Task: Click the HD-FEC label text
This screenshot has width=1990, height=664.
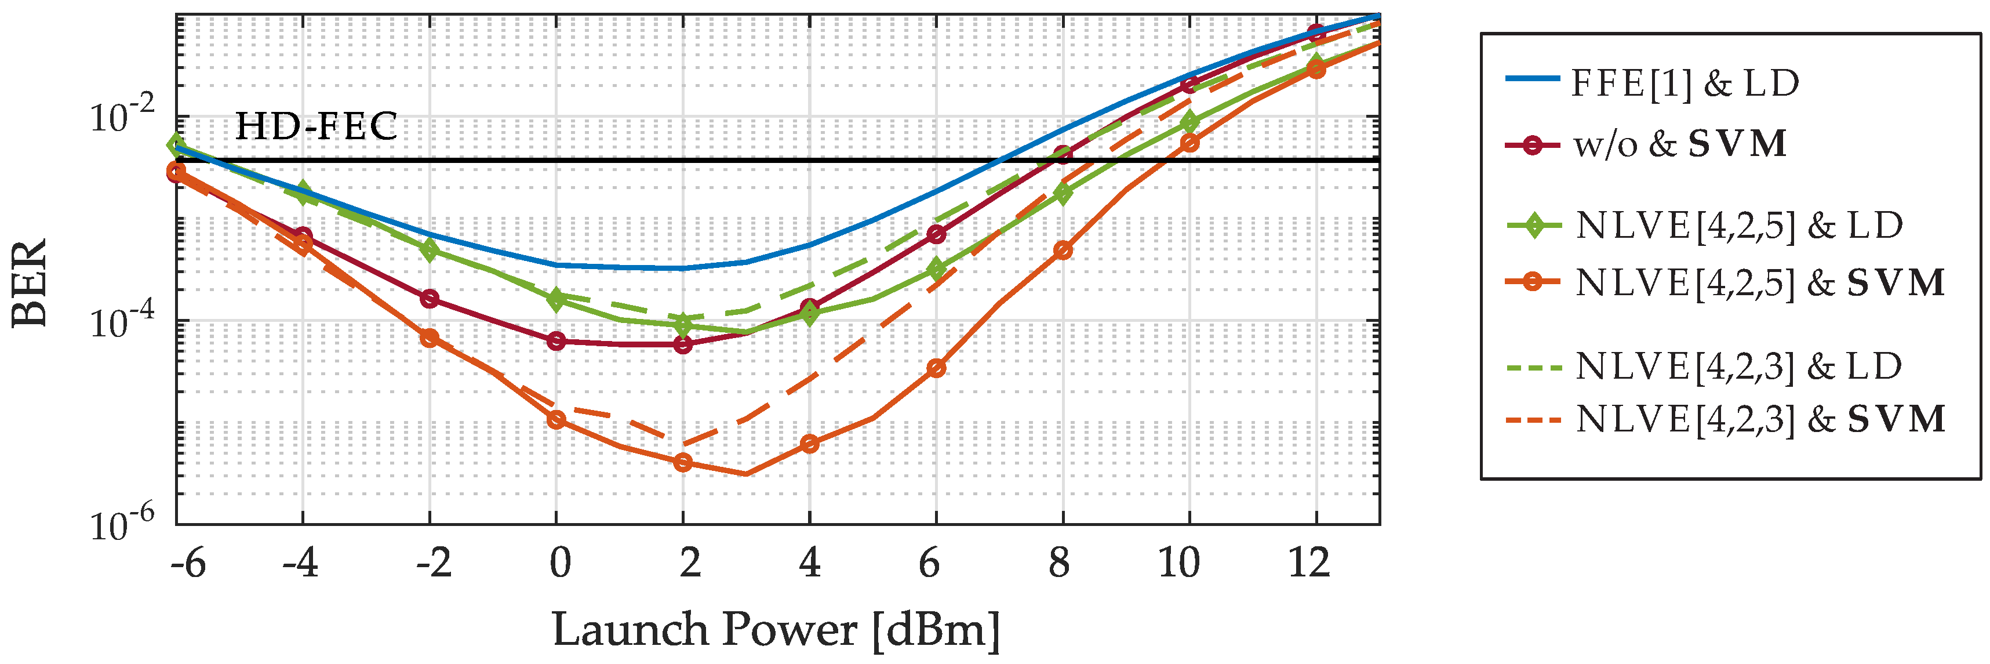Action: click(x=316, y=126)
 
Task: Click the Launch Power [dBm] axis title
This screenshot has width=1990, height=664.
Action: click(x=776, y=630)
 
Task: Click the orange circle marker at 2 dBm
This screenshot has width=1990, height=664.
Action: click(x=683, y=462)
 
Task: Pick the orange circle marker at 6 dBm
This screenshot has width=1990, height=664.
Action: click(x=936, y=368)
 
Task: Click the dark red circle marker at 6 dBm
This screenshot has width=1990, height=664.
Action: click(x=936, y=234)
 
